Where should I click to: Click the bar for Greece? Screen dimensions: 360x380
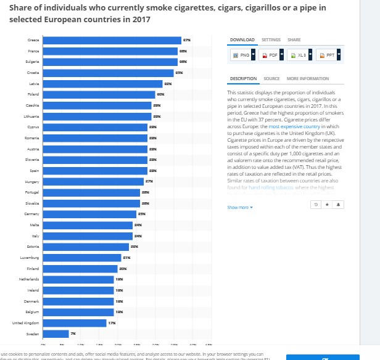click(x=111, y=41)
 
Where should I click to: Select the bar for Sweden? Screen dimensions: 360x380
click(x=56, y=333)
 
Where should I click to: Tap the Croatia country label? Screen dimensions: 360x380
click(x=33, y=73)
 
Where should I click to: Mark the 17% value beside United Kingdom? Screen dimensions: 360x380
click(x=112, y=322)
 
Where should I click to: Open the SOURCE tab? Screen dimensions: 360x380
click(x=271, y=79)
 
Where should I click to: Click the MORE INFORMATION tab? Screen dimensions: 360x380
click(x=307, y=79)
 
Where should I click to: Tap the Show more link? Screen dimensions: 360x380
click(x=240, y=208)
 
